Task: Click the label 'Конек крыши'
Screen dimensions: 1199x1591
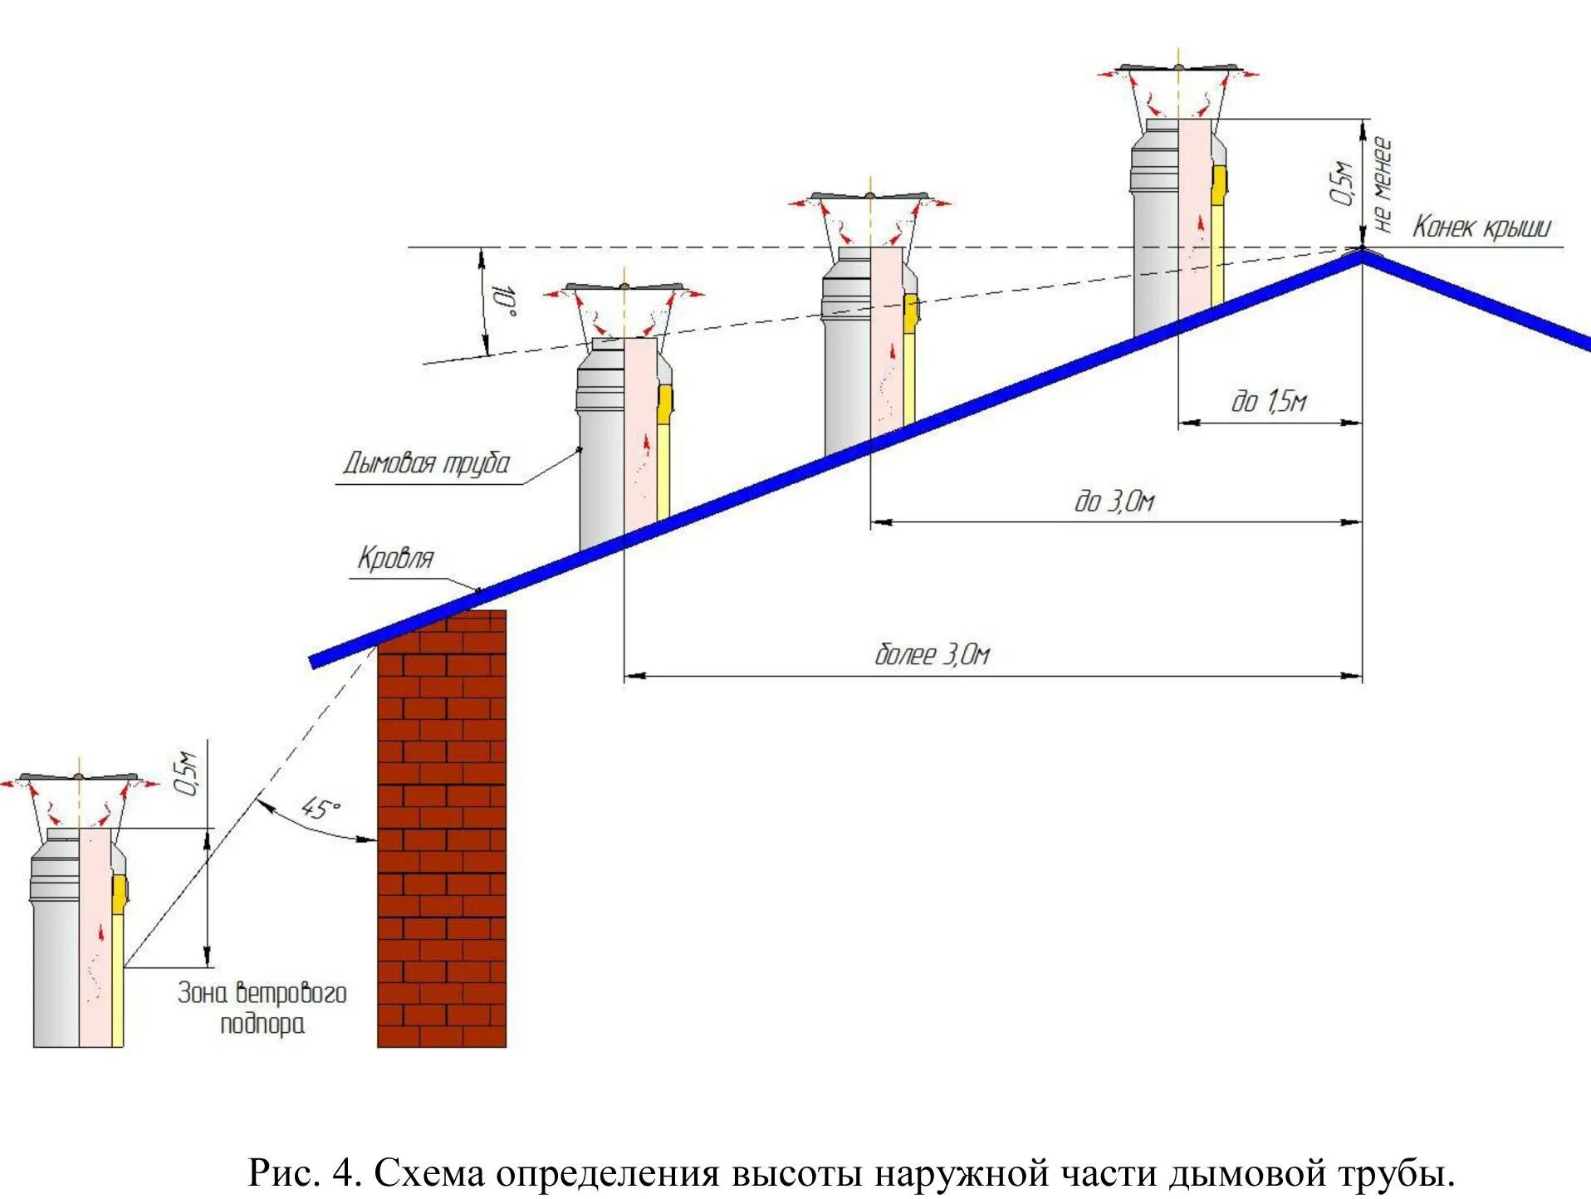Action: click(1481, 227)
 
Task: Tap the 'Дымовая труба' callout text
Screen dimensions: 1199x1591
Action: click(426, 463)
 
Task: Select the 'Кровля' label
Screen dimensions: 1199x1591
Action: click(395, 558)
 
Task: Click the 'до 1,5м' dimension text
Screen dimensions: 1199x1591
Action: click(1268, 403)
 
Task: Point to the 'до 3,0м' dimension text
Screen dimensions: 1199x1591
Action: click(1114, 502)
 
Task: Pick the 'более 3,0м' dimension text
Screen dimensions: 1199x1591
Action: click(932, 655)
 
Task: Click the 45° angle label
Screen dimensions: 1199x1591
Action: click(320, 808)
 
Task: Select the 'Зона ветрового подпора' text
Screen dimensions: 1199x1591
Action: click(262, 1008)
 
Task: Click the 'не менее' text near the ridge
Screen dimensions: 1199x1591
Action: click(1382, 184)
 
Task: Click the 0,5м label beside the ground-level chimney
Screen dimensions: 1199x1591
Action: click(188, 774)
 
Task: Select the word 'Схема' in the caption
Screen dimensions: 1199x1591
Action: click(428, 1173)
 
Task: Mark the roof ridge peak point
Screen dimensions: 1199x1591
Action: click(1362, 252)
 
